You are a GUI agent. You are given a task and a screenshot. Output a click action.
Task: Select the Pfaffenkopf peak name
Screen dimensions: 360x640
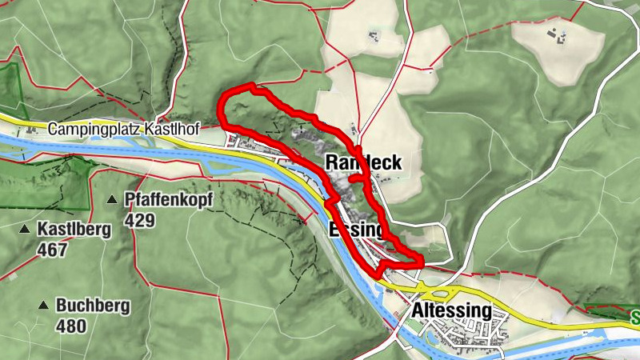point(169,200)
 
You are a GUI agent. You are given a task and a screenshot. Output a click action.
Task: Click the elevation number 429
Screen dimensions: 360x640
point(139,221)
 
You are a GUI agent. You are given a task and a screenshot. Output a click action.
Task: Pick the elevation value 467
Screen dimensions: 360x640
point(52,250)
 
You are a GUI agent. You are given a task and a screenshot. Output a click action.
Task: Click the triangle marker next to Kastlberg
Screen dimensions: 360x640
point(23,230)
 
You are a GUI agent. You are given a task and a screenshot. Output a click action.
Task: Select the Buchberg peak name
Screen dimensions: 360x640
point(93,306)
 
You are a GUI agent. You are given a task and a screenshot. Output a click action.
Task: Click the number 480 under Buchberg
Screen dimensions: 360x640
point(72,326)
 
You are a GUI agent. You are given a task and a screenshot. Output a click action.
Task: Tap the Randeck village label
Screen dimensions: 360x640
point(363,162)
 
